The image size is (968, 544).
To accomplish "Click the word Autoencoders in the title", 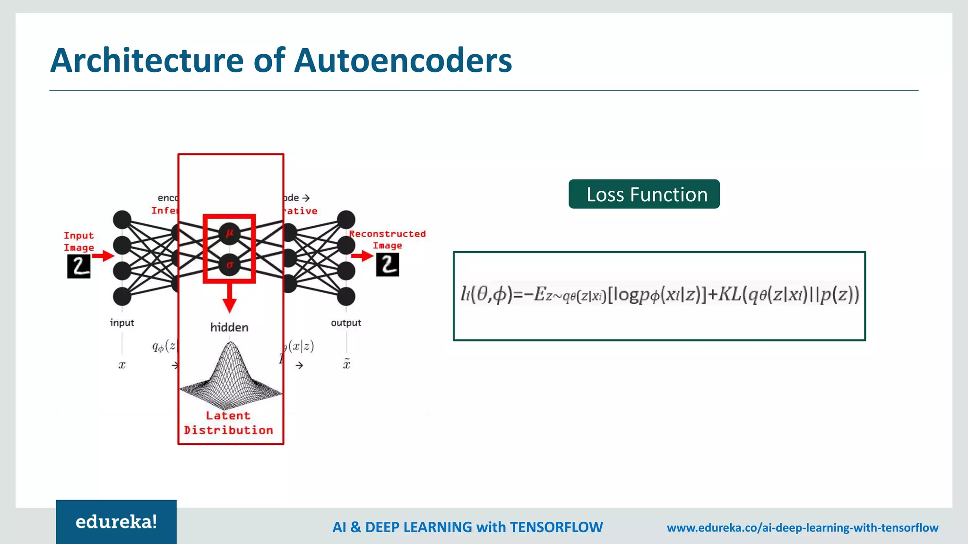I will pos(403,60).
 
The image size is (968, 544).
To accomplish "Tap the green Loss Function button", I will pos(644,194).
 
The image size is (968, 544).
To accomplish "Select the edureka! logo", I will pos(116,522).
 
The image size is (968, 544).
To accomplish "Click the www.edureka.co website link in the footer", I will pos(802,527).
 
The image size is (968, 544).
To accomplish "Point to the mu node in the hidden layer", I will pos(230,233).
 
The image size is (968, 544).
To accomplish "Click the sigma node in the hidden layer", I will pos(230,265).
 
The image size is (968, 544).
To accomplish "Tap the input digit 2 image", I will pos(79,266).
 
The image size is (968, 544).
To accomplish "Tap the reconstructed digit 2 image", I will pos(388,264).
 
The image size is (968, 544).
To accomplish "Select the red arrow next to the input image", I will pos(103,256).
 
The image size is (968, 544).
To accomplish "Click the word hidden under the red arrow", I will pos(229,327).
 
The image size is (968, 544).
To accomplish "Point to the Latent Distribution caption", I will pos(228,423).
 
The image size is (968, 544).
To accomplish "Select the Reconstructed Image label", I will pos(387,239).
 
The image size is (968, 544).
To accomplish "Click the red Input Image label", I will pos(79,241).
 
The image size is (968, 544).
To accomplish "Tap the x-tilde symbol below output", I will pos(346,364).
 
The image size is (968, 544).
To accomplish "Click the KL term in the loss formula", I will pos(730,294).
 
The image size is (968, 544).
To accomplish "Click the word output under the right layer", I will pos(346,323).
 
